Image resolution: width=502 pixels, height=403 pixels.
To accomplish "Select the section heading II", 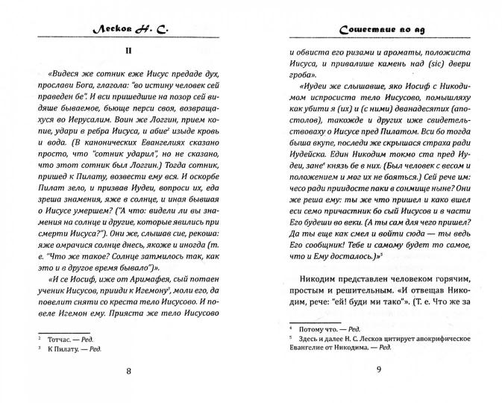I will tap(128, 51).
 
